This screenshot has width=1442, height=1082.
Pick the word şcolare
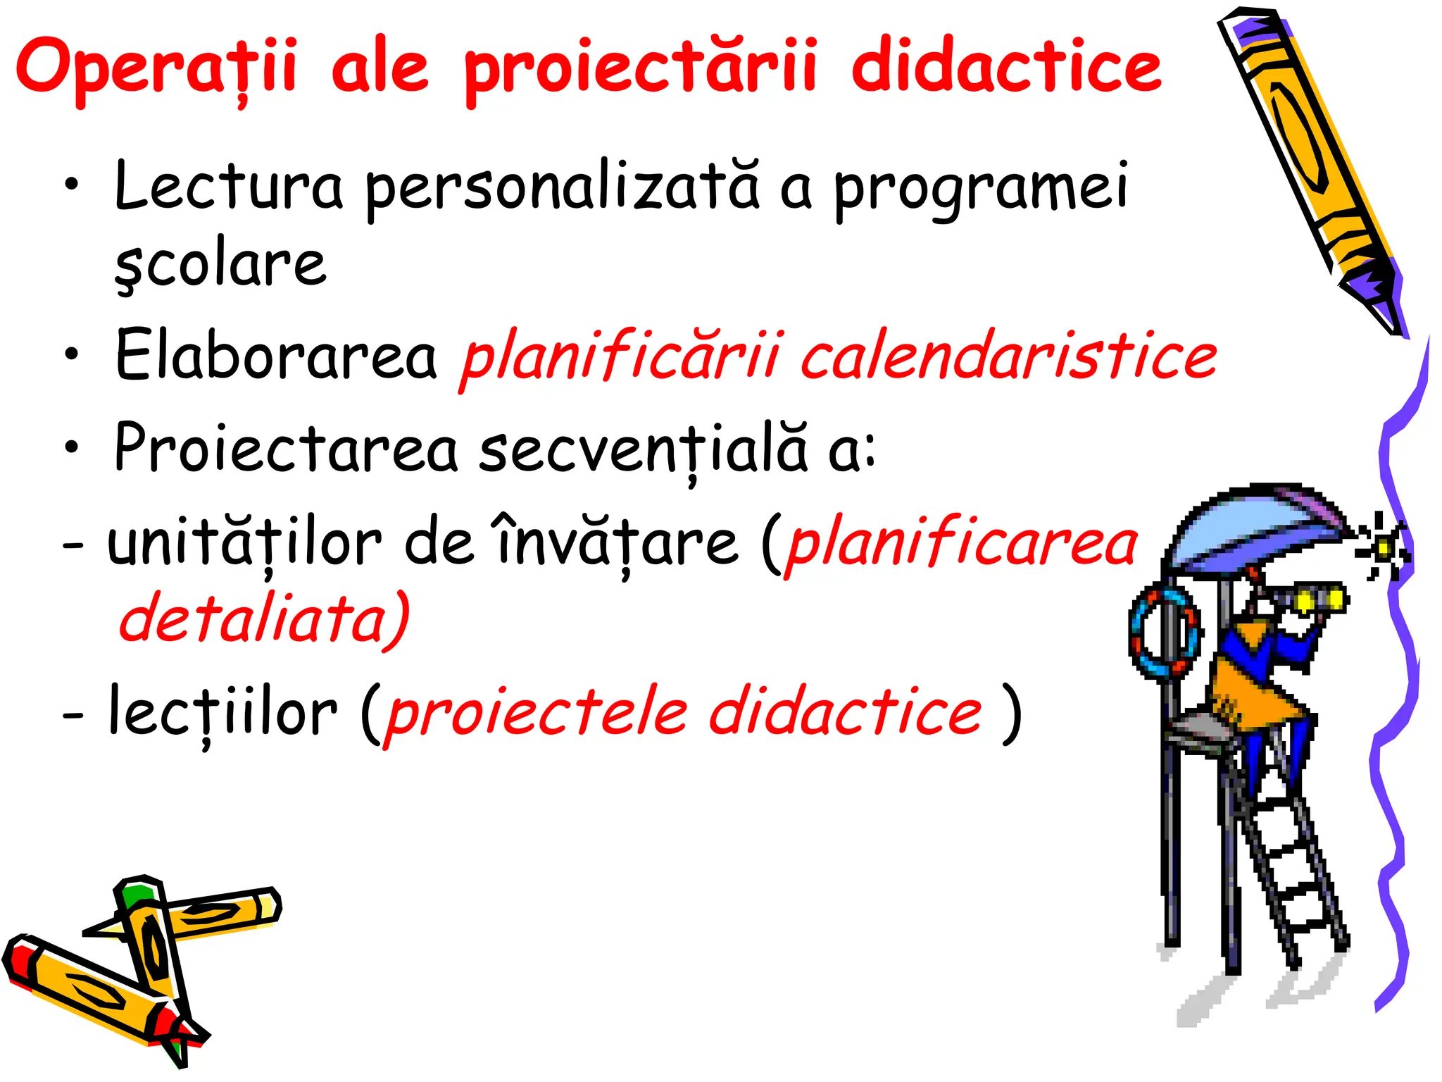pos(220,265)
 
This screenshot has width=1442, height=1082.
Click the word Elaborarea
pos(276,355)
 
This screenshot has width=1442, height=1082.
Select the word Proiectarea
pos(286,449)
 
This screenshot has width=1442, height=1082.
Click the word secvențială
pos(643,450)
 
